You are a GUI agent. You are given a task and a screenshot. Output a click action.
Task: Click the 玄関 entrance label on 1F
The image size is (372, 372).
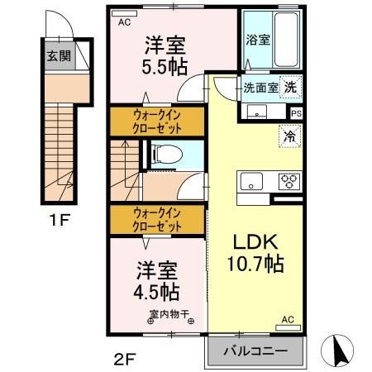(x=58, y=57)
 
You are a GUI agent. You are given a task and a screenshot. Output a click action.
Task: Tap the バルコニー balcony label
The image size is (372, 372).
(x=255, y=351)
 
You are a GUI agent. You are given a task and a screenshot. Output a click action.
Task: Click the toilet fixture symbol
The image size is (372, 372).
(x=164, y=153)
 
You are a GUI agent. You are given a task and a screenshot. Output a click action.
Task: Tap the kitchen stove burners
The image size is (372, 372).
(x=289, y=181)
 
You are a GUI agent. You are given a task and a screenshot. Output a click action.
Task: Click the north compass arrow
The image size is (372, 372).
(x=338, y=351)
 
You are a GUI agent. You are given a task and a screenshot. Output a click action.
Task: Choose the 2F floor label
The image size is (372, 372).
(x=123, y=358)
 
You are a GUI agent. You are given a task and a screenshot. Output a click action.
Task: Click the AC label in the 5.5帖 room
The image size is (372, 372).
(x=124, y=22)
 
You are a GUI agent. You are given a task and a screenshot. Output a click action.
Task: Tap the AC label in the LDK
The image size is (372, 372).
(x=288, y=319)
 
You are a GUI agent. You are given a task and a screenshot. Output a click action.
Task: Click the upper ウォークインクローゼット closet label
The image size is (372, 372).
(x=158, y=122)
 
